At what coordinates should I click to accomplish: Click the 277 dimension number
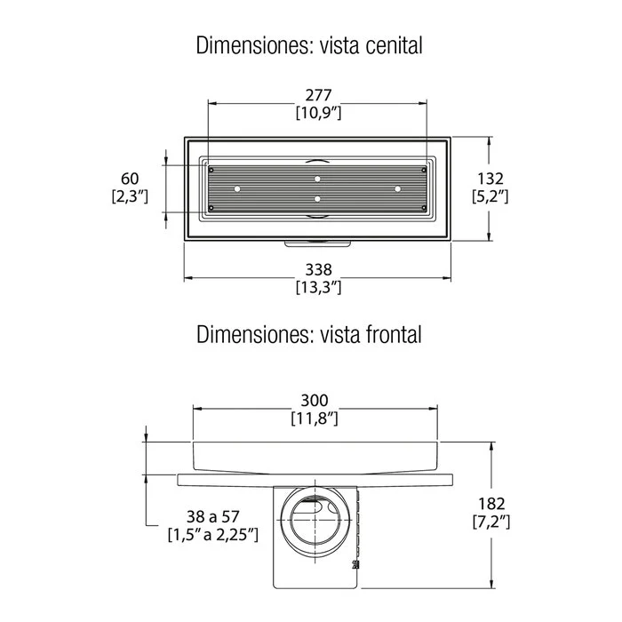pyautogui.click(x=318, y=95)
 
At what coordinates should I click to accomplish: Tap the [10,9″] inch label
pyautogui.click(x=318, y=113)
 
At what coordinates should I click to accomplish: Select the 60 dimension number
pyautogui.click(x=130, y=179)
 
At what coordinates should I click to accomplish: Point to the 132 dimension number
pyautogui.click(x=490, y=179)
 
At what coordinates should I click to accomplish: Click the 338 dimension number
pyautogui.click(x=318, y=270)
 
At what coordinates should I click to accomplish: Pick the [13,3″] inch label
pyautogui.click(x=318, y=287)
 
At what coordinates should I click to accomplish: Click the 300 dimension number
pyautogui.click(x=315, y=400)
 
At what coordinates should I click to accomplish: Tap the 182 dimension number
pyautogui.click(x=491, y=504)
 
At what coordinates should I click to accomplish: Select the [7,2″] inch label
pyautogui.click(x=491, y=522)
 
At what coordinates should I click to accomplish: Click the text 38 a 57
pyautogui.click(x=213, y=516)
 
